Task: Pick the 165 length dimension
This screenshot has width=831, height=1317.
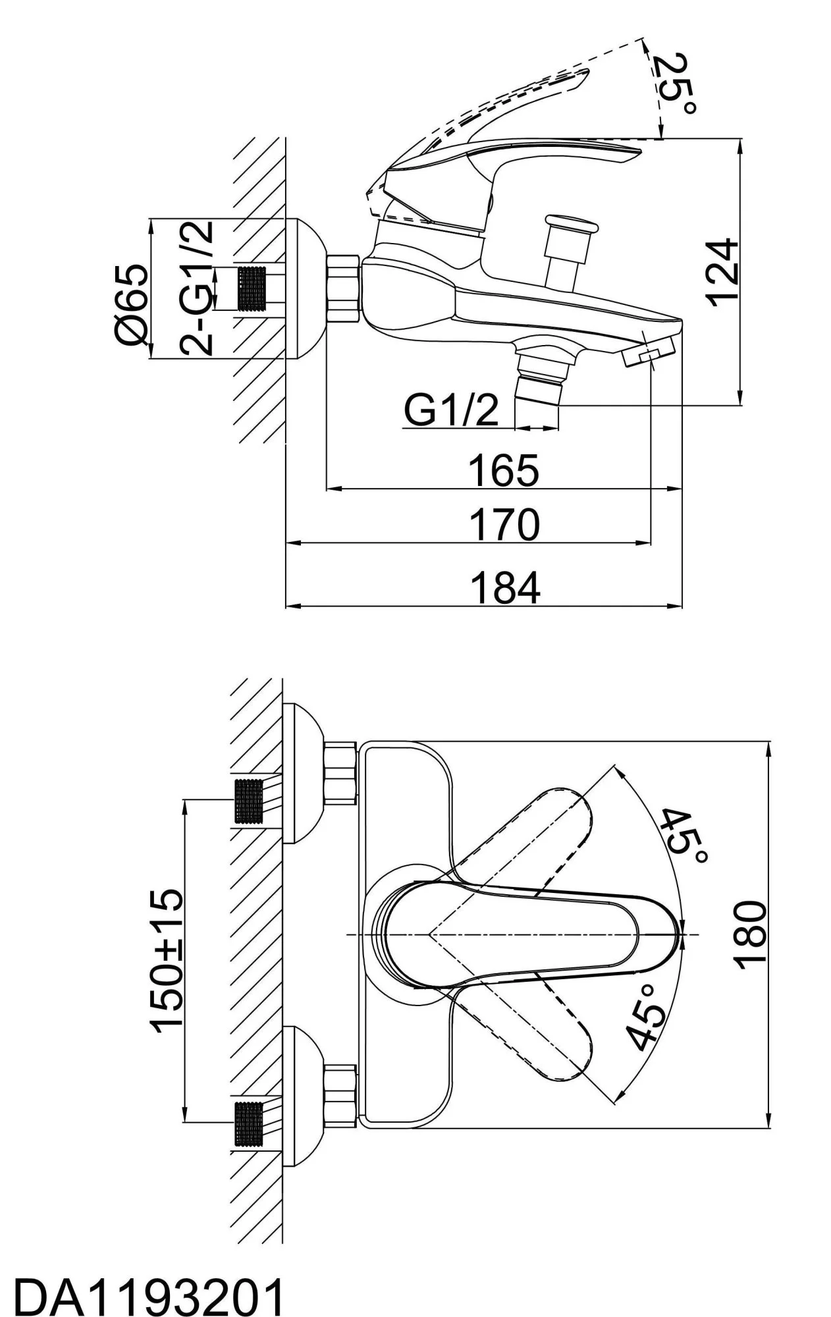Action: coord(504,470)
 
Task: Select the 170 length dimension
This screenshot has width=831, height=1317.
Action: coord(504,525)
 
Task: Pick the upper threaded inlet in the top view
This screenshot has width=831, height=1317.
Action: coord(248,801)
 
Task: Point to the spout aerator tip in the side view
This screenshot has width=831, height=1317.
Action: coord(649,355)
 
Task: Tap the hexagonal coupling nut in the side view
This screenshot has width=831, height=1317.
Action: coord(343,288)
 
